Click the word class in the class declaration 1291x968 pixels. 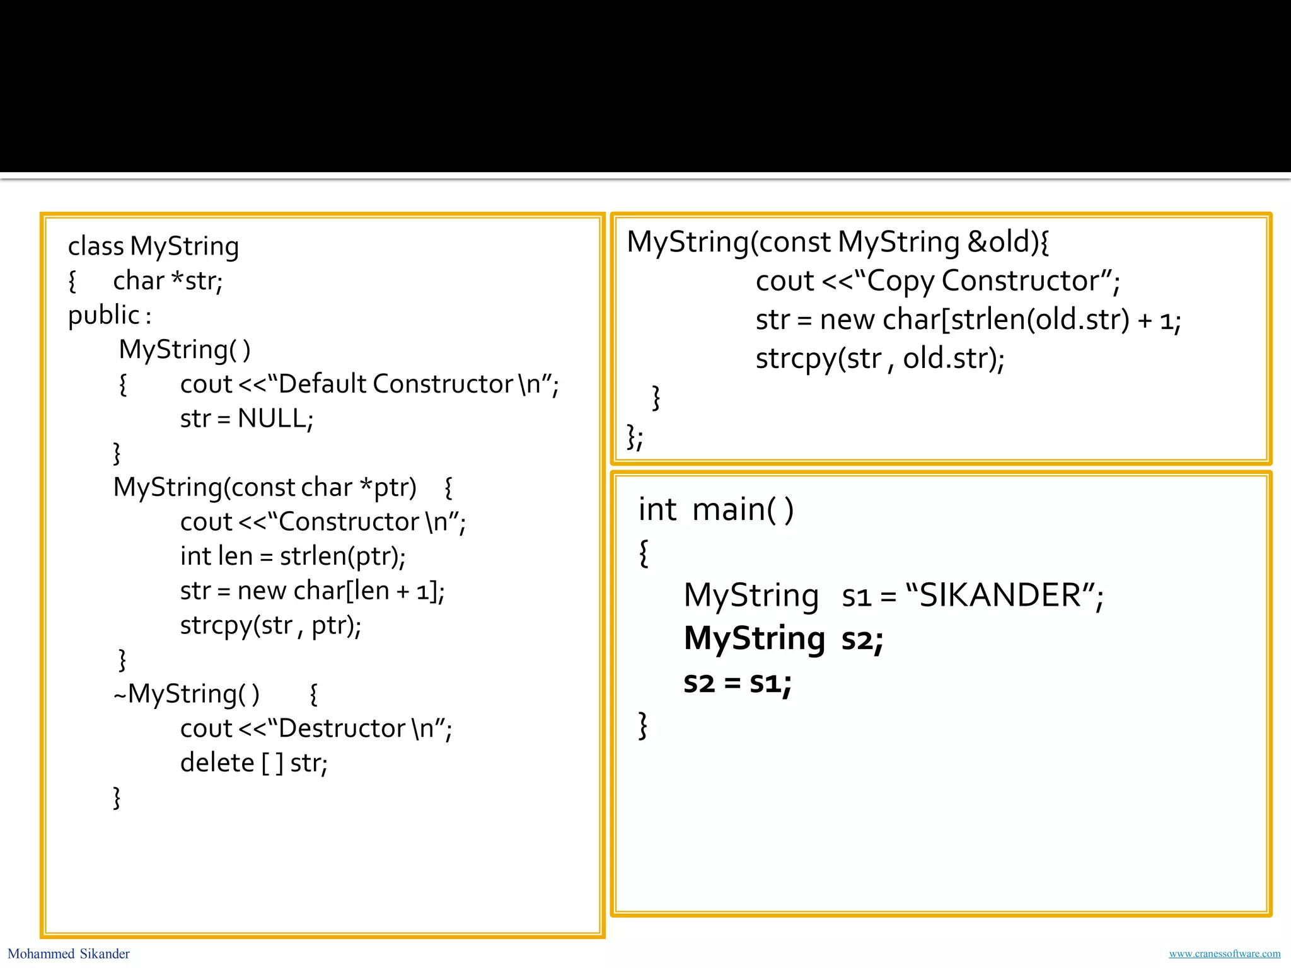coord(96,246)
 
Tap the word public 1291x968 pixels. coord(104,315)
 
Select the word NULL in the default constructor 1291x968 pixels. coord(273,418)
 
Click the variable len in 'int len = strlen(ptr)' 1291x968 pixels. coord(234,556)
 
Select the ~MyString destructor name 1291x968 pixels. coord(186,694)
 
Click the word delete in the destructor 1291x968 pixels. coord(217,763)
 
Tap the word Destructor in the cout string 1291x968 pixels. coord(342,729)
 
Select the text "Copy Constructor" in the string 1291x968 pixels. coord(983,281)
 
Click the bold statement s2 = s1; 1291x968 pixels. coord(738,683)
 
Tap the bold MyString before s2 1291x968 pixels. coord(754,639)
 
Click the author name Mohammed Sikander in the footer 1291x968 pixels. coord(69,954)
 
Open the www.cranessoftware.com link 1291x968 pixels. coord(1224,954)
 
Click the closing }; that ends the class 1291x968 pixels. coord(634,436)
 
